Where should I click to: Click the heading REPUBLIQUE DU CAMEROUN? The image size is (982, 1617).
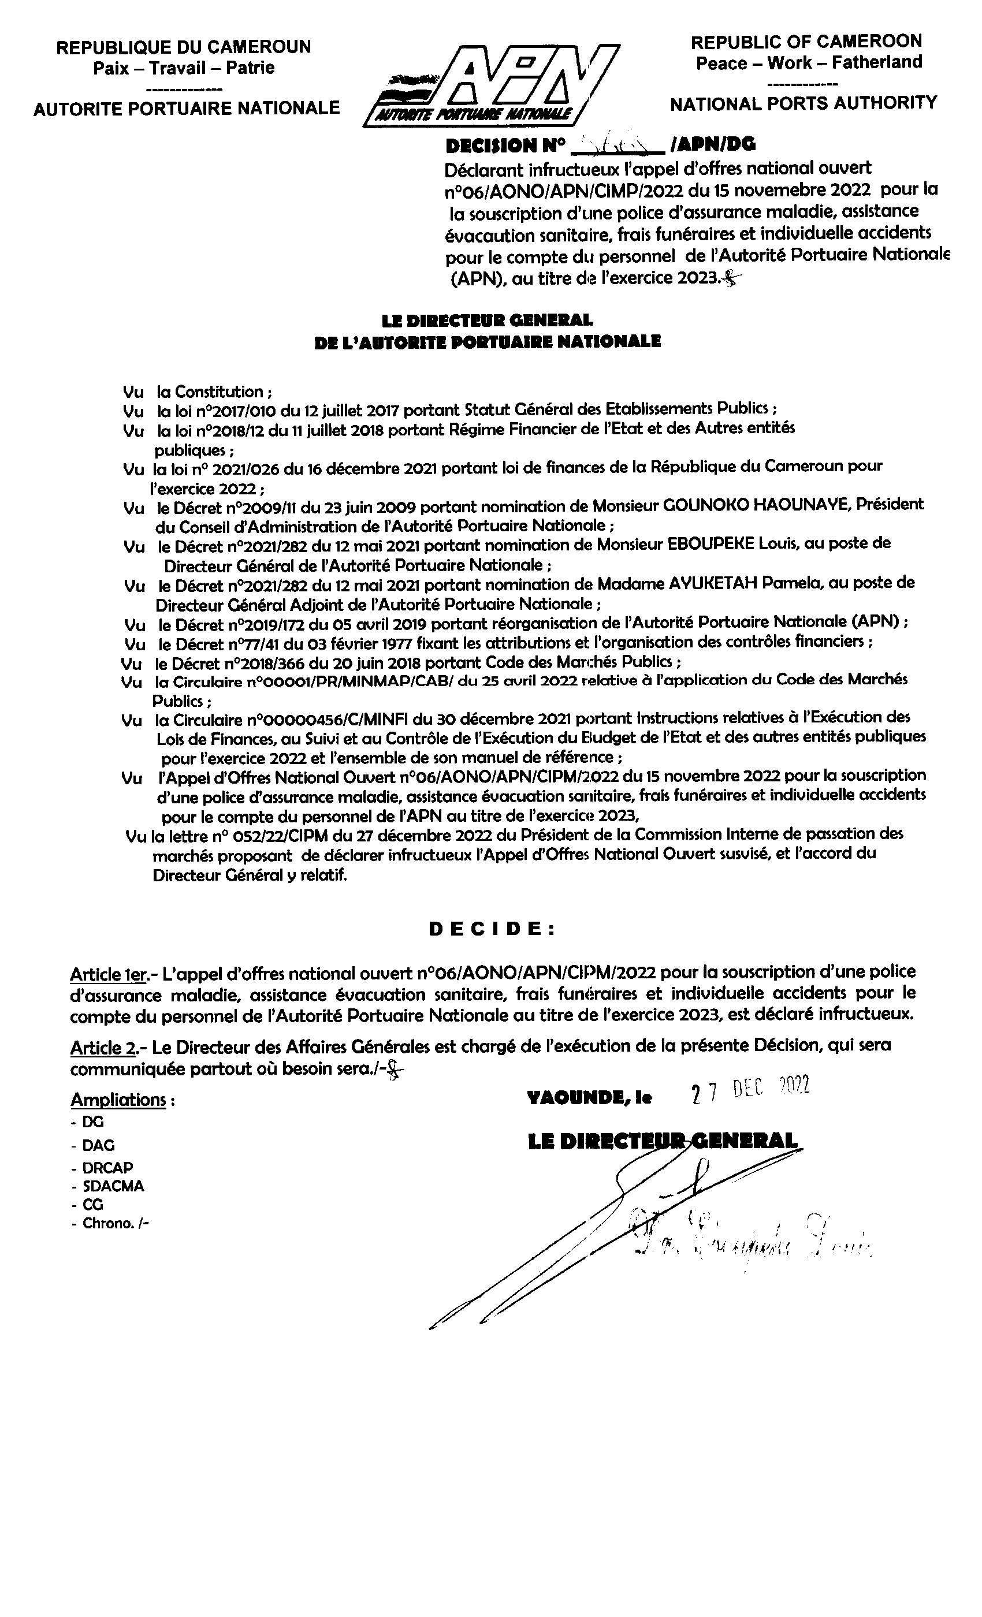click(x=183, y=47)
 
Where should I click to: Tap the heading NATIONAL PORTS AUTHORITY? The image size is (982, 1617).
click(x=803, y=103)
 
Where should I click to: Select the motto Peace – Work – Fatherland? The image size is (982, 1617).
click(x=809, y=63)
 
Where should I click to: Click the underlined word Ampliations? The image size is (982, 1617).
click(x=119, y=1099)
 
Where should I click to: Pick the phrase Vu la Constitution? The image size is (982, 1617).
click(x=197, y=392)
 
